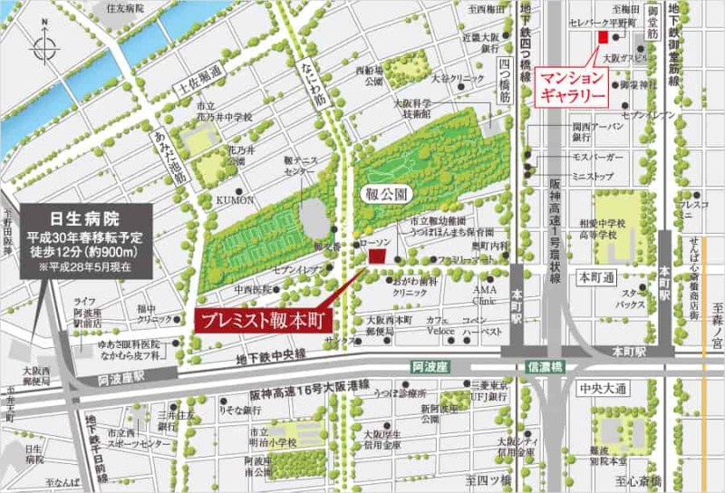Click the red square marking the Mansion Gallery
602,36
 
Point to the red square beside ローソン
376,257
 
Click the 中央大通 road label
603,389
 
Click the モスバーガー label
570,156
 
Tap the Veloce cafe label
441,331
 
